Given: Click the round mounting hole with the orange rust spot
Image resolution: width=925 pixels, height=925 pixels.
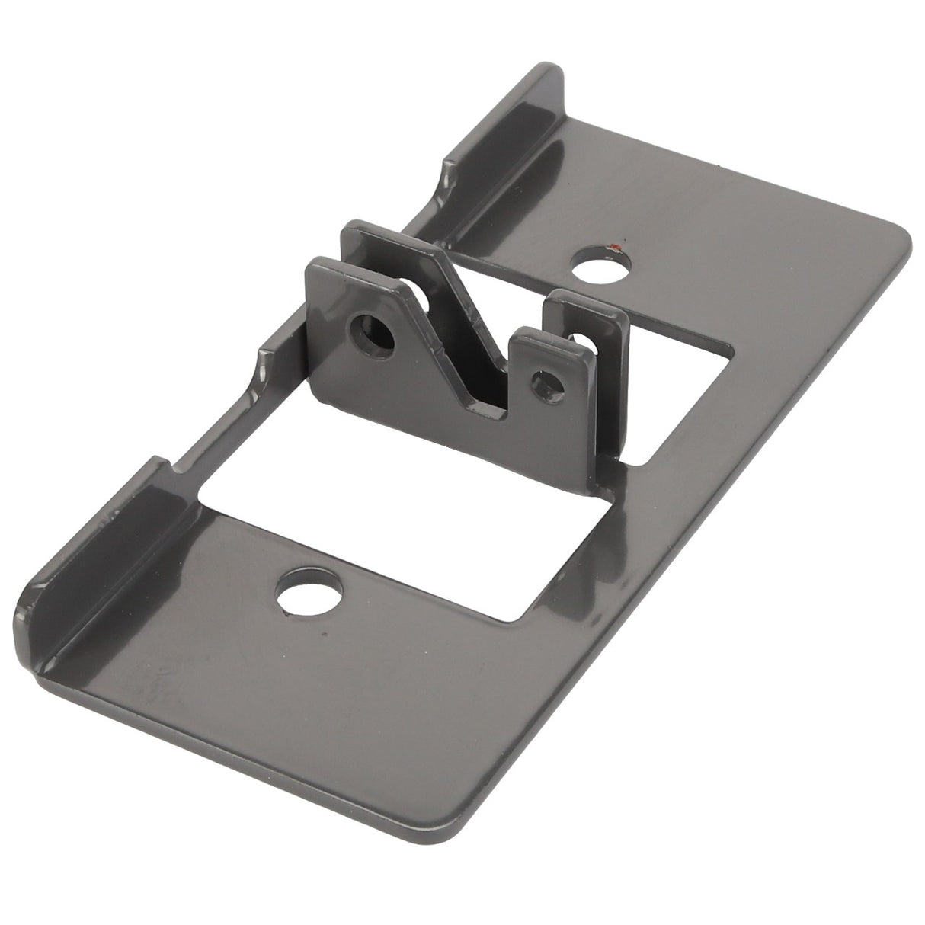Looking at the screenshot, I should [603, 266].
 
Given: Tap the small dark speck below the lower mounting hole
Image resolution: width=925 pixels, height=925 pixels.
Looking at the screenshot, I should [325, 633].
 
